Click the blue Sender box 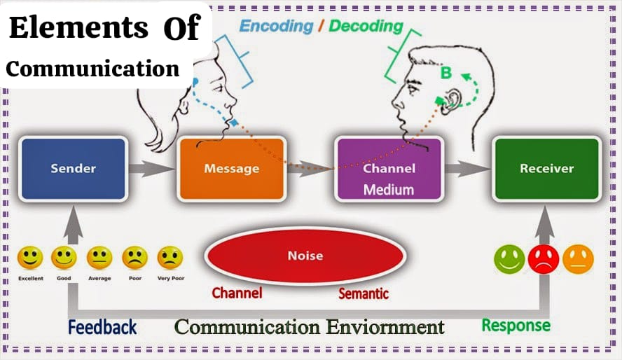coord(74,169)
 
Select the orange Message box coord(232,169)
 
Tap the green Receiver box coord(547,169)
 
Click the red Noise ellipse coord(305,256)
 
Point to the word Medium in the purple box coord(389,190)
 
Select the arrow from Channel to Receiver coord(468,169)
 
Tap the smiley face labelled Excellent coord(30,258)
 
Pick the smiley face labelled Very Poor coord(170,258)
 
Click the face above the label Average coord(99,258)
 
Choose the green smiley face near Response coord(509,259)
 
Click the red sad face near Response coord(544,259)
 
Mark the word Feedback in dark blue coord(102,328)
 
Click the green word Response coord(516,326)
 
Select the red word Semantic coord(364,293)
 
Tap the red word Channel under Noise coord(237,293)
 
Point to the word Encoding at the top coord(277,26)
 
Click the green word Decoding coord(366,26)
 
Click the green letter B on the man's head coord(446,73)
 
